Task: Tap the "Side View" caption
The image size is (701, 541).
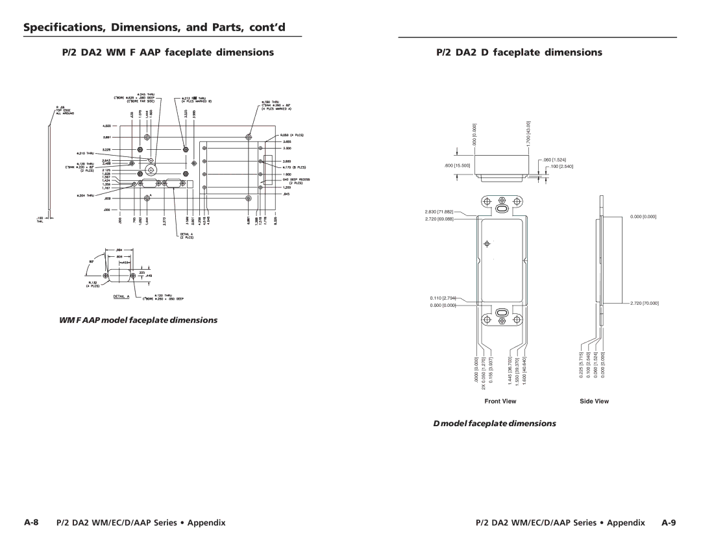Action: click(x=595, y=402)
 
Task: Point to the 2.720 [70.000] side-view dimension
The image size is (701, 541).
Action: click(x=643, y=303)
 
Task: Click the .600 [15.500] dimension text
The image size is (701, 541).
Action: click(x=457, y=166)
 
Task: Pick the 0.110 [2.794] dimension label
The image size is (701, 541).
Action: click(x=443, y=298)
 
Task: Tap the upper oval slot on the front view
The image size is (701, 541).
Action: click(x=501, y=210)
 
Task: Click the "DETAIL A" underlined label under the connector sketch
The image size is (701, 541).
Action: click(x=123, y=296)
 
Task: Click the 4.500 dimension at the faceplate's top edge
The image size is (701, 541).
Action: click(x=108, y=126)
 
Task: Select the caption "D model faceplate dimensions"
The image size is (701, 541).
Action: click(x=500, y=423)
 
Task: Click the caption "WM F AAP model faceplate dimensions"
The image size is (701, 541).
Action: click(x=135, y=320)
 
